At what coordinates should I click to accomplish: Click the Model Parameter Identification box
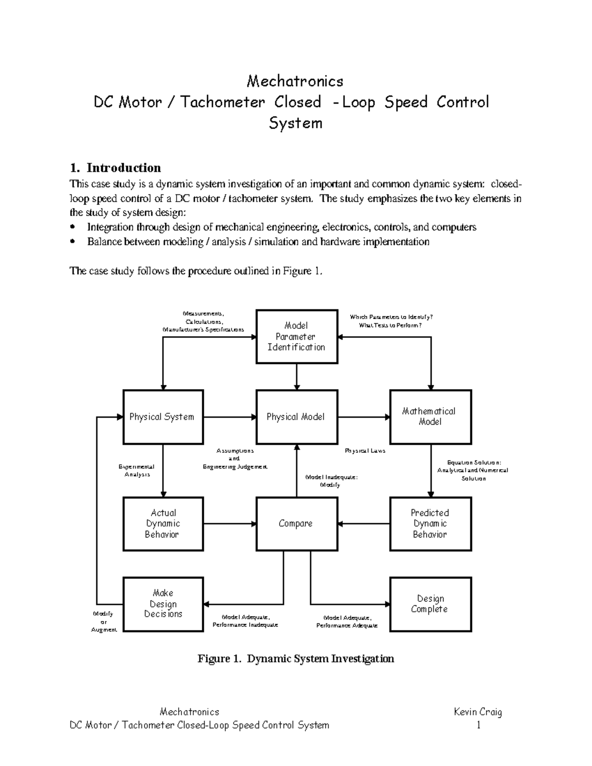296,336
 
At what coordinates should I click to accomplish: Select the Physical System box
163,417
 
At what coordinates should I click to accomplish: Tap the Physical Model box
296,417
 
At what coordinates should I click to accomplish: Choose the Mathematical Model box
430,417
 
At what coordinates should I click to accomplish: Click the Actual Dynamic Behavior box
163,523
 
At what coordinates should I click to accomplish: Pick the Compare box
296,523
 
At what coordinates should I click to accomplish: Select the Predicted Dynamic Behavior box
430,523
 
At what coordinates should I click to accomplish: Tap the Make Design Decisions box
163,604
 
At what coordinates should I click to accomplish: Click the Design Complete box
430,604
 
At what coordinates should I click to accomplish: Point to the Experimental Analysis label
137,470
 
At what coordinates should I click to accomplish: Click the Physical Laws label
365,450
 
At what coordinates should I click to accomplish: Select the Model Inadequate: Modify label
331,481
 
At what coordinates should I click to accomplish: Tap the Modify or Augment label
104,621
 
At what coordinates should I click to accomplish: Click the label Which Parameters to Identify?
391,317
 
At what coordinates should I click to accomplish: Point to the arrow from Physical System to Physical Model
229,417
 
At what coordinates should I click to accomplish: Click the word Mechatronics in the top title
295,80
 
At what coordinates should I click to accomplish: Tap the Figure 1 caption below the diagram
296,658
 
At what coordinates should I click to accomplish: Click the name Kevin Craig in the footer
478,712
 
